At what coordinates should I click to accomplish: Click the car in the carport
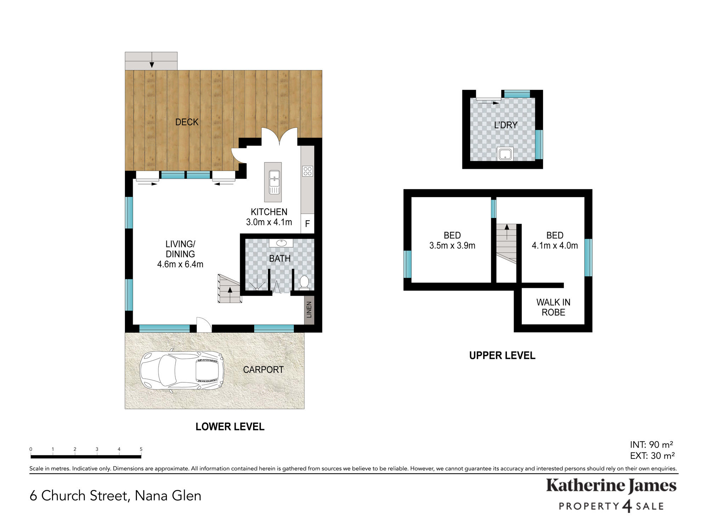click(182, 370)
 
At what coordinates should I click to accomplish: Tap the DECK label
click(187, 122)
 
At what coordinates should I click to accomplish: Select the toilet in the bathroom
click(304, 283)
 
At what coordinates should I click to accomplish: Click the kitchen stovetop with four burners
click(307, 171)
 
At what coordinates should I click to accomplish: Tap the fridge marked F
click(307, 223)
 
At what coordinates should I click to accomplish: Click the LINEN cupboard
click(309, 310)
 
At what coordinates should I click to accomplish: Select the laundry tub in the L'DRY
click(505, 154)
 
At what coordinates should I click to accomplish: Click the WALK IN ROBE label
click(553, 307)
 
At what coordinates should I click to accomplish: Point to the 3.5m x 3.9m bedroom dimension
click(452, 246)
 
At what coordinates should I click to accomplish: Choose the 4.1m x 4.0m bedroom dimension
click(555, 246)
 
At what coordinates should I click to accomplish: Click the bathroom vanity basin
click(281, 243)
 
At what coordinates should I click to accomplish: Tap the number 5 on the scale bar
click(141, 449)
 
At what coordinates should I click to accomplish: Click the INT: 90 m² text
click(651, 445)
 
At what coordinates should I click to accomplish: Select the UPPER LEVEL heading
click(502, 355)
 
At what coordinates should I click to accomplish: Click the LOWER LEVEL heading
click(230, 427)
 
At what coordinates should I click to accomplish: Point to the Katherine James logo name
click(611, 486)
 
